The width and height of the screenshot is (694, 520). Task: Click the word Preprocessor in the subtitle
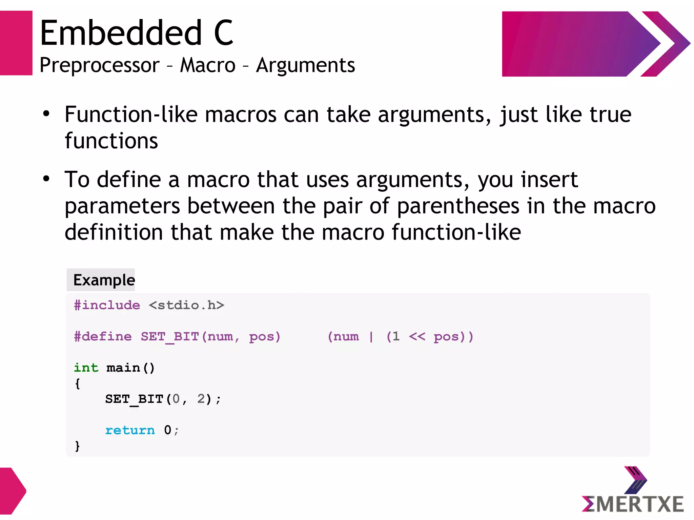click(x=99, y=65)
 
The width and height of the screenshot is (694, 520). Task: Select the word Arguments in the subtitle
click(x=305, y=65)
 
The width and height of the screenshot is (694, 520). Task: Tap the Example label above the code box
click(x=104, y=280)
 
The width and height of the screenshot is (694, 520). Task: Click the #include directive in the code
click(x=107, y=305)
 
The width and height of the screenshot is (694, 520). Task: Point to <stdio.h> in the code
click(x=186, y=305)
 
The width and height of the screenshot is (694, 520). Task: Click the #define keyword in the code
click(x=103, y=336)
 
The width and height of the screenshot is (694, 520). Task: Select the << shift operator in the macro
click(x=417, y=336)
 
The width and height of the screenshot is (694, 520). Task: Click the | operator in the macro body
click(x=371, y=336)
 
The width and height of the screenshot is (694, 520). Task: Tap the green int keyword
click(x=86, y=368)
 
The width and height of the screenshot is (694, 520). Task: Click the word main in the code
click(x=123, y=368)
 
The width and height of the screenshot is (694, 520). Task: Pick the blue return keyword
click(x=130, y=430)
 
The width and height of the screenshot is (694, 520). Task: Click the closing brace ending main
click(x=78, y=446)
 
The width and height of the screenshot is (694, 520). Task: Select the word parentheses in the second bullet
click(x=458, y=206)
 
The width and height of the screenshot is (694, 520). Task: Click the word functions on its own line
click(x=111, y=141)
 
